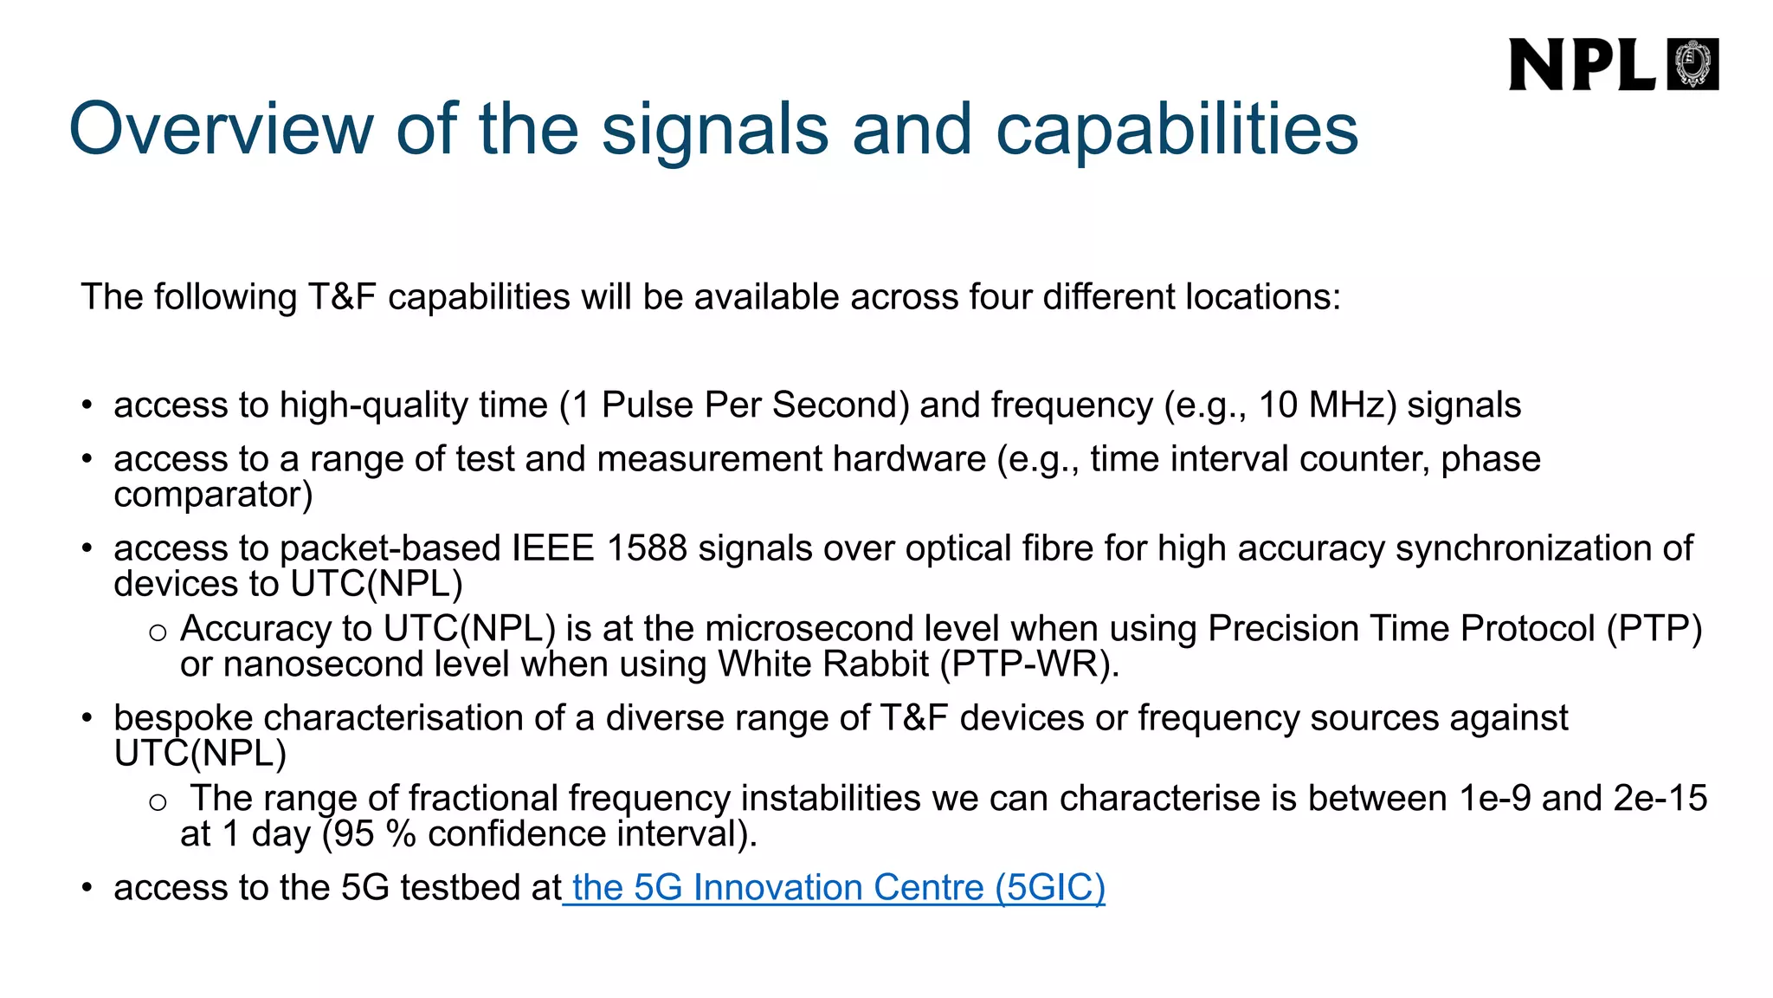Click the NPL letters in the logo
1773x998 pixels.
pyautogui.click(x=1581, y=65)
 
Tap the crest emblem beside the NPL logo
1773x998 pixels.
pyautogui.click(x=1692, y=65)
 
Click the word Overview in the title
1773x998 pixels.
pyautogui.click(x=221, y=129)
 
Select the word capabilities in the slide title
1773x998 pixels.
pyautogui.click(x=1177, y=129)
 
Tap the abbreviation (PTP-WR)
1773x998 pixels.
pyautogui.click(x=1029, y=664)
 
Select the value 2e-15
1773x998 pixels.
pyautogui.click(x=1660, y=798)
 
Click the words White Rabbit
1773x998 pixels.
pyautogui.click(x=823, y=664)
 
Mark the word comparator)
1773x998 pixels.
pyautogui.click(x=213, y=495)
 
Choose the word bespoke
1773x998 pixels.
pyautogui.click(x=183, y=718)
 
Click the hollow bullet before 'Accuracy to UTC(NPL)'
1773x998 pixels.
pyautogui.click(x=158, y=632)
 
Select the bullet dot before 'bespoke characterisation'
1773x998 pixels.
pyautogui.click(x=87, y=718)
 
